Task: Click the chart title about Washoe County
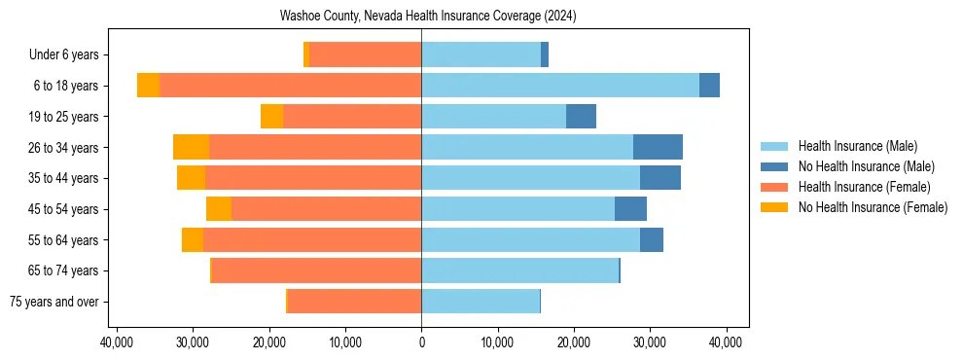pyautogui.click(x=421, y=17)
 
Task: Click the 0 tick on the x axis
pyautogui.click(x=421, y=342)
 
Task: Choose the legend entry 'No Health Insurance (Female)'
pyautogui.click(x=873, y=207)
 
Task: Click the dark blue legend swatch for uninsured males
pyautogui.click(x=774, y=166)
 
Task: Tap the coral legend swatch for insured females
pyautogui.click(x=774, y=187)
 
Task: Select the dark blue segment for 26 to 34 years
pyautogui.click(x=658, y=147)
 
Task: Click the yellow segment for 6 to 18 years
pyautogui.click(x=148, y=86)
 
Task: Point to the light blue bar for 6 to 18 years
pyautogui.click(x=560, y=86)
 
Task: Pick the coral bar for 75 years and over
pyautogui.click(x=354, y=302)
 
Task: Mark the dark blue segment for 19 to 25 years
pyautogui.click(x=581, y=117)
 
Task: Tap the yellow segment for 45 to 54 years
pyautogui.click(x=219, y=209)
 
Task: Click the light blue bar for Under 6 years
pyautogui.click(x=481, y=54)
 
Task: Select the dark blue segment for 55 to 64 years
pyautogui.click(x=652, y=239)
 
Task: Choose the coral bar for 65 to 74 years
pyautogui.click(x=316, y=270)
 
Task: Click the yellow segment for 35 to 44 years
pyautogui.click(x=191, y=178)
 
